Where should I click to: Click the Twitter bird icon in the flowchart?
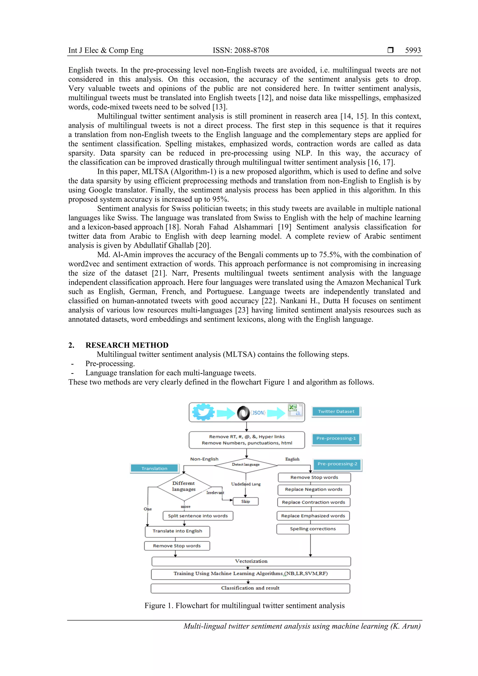click(203, 412)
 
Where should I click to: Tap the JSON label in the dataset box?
click(258, 413)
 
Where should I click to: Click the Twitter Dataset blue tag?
click(336, 412)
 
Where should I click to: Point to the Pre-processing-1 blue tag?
click(336, 438)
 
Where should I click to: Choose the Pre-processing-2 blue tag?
click(337, 464)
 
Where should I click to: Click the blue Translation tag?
click(154, 468)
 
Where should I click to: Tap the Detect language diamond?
click(246, 465)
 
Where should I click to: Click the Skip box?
click(245, 501)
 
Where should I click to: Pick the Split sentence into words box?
click(198, 516)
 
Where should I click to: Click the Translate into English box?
click(177, 531)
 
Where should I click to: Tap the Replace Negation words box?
click(314, 490)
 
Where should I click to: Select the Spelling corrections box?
click(313, 529)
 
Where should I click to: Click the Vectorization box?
click(251, 561)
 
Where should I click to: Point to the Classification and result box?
click(250, 588)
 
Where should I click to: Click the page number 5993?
click(413, 50)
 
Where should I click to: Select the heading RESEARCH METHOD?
click(127, 345)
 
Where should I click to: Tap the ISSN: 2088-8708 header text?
click(241, 50)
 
